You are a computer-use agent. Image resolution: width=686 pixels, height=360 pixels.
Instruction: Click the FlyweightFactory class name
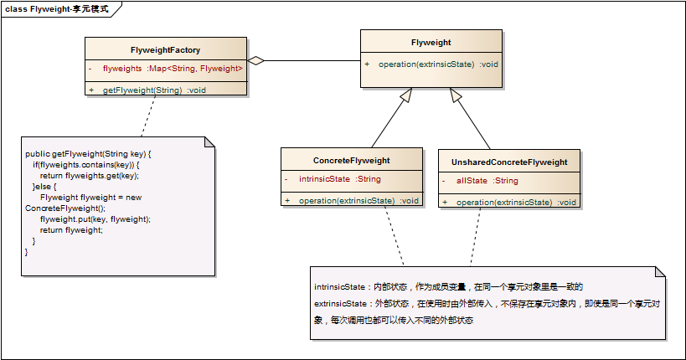coord(166,50)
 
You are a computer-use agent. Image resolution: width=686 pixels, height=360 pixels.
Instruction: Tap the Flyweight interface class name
coord(431,43)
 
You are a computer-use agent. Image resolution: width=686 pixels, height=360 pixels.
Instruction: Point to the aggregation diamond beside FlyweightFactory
coord(255,61)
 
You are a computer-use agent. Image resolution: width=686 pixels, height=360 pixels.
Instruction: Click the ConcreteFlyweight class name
coord(351,161)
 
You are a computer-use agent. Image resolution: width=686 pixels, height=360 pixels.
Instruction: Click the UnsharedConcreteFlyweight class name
coord(509,162)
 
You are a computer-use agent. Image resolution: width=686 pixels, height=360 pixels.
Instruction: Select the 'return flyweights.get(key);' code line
coord(89,176)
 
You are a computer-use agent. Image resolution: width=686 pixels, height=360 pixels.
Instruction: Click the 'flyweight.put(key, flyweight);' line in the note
coord(95,219)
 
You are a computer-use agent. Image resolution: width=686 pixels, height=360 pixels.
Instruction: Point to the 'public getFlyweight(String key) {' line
coord(88,154)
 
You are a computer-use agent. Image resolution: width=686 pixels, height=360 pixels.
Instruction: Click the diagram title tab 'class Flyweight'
coord(57,8)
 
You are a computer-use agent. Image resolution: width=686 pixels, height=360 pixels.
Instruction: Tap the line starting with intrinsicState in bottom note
coord(453,286)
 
